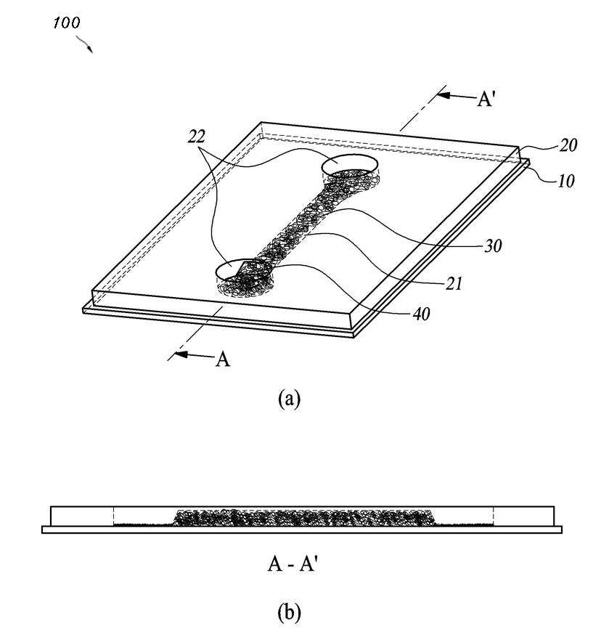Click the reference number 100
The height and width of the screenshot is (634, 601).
(x=66, y=23)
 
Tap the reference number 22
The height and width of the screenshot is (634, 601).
(x=197, y=137)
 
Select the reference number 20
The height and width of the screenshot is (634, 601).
(x=568, y=145)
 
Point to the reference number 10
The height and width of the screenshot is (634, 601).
(x=566, y=181)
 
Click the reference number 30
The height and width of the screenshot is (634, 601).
(x=493, y=246)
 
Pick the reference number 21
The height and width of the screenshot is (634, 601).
(x=454, y=284)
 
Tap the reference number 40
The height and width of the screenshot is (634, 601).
(x=421, y=314)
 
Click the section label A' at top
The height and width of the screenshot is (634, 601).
(x=485, y=98)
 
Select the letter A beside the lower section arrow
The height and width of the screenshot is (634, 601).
(x=223, y=359)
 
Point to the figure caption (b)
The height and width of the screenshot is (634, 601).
(x=290, y=612)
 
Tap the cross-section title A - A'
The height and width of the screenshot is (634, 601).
(x=290, y=564)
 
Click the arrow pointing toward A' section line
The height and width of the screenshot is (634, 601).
(x=456, y=96)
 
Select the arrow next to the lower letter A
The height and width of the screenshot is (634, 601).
(x=192, y=354)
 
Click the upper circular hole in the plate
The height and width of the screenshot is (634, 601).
(x=350, y=166)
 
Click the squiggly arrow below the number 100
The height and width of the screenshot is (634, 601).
(x=84, y=44)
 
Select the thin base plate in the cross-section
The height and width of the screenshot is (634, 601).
(x=302, y=529)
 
